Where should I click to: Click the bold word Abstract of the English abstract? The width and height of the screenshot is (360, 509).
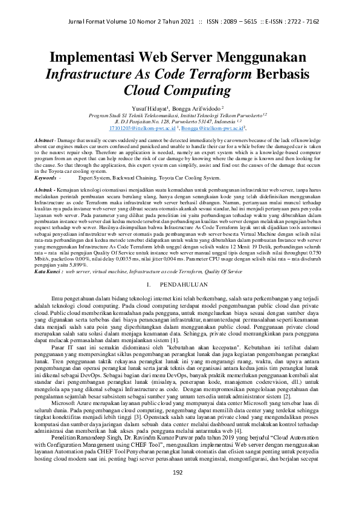pyautogui.click(x=28, y=140)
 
